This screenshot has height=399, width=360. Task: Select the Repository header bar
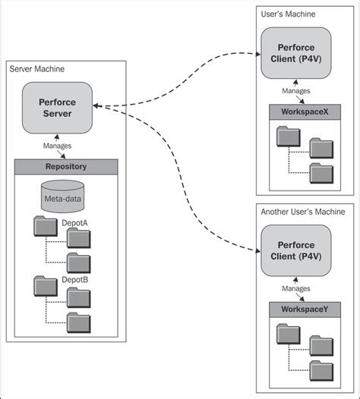(66, 167)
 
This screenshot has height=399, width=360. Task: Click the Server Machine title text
(36, 69)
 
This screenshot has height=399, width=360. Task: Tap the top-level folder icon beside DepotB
(46, 285)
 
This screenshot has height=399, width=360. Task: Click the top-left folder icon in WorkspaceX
(288, 137)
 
